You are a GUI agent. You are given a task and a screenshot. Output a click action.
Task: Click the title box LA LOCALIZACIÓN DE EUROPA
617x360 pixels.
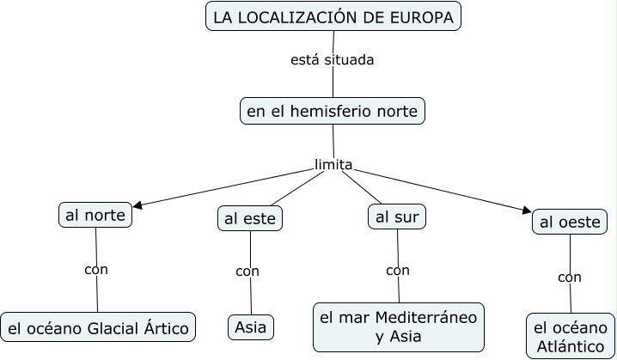click(x=333, y=16)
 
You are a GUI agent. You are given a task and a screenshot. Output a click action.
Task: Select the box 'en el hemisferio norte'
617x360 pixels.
click(x=332, y=111)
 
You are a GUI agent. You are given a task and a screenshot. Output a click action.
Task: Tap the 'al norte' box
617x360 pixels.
click(x=95, y=214)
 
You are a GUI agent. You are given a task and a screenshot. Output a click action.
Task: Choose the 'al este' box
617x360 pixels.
click(x=250, y=219)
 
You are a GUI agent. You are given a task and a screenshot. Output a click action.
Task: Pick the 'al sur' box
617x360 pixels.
click(x=397, y=217)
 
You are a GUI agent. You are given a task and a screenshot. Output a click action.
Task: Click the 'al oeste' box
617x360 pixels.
click(x=568, y=223)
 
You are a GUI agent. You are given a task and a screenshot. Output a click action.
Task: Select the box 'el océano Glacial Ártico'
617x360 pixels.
click(x=98, y=327)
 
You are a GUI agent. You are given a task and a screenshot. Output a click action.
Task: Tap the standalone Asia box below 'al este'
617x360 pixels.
click(x=251, y=327)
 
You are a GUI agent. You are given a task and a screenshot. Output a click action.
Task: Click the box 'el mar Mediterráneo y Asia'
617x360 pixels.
click(x=398, y=326)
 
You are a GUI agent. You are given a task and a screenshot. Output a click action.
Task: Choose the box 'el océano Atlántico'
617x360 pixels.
click(x=570, y=336)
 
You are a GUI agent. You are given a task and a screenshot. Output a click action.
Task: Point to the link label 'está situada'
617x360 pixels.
click(x=332, y=60)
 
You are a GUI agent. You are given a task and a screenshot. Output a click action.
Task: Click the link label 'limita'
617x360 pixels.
click(x=333, y=164)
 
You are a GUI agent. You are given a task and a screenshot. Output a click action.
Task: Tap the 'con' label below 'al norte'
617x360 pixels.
click(x=96, y=269)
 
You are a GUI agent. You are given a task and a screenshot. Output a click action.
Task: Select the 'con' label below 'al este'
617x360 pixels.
click(x=247, y=272)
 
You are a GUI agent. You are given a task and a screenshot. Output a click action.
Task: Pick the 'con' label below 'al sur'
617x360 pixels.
click(x=398, y=271)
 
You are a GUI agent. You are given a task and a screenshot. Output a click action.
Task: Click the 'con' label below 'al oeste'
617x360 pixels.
click(x=569, y=277)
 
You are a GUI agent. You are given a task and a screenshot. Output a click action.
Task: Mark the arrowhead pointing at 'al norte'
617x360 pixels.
click(x=137, y=205)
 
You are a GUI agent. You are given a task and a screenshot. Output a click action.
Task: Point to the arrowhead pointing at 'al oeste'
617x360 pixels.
click(x=526, y=209)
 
